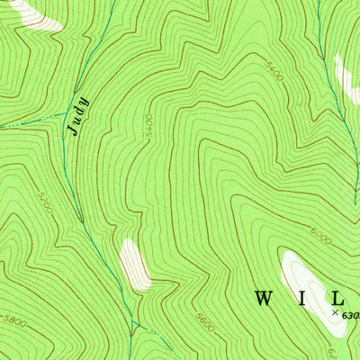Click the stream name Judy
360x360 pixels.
(78, 115)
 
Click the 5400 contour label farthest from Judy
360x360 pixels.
(274, 72)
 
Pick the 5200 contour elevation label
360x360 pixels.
(46, 202)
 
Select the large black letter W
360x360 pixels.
(264, 297)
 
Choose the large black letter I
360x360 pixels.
(303, 297)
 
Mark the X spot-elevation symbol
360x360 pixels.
(335, 312)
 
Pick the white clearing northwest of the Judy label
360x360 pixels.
(31, 13)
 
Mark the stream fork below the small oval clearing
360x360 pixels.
(132, 322)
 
